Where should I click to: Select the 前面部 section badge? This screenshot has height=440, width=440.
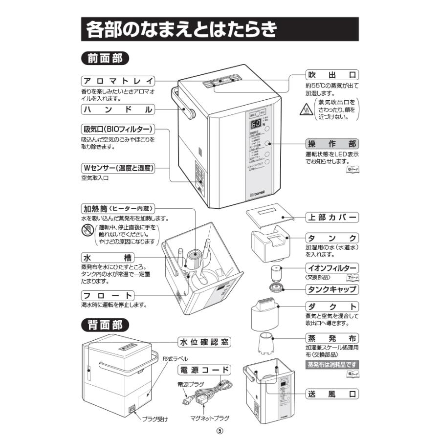105,58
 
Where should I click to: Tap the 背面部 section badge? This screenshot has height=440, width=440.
105,324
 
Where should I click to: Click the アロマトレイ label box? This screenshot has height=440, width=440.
118,81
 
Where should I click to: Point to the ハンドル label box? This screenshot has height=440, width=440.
118,110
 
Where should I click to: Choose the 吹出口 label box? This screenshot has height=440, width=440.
332,75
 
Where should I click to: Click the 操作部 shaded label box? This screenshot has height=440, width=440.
332,144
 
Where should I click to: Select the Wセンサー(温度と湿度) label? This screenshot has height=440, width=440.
118,168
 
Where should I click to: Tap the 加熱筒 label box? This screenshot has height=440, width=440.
118,208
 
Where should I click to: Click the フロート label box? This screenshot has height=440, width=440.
108,295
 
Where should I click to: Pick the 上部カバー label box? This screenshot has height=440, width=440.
332,217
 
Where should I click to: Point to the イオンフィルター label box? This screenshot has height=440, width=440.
332,268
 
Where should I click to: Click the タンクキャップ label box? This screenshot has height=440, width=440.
332,289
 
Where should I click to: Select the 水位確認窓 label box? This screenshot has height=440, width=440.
203,342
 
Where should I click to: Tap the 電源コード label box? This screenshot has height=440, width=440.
203,370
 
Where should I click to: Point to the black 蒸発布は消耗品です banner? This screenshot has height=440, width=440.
332,365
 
